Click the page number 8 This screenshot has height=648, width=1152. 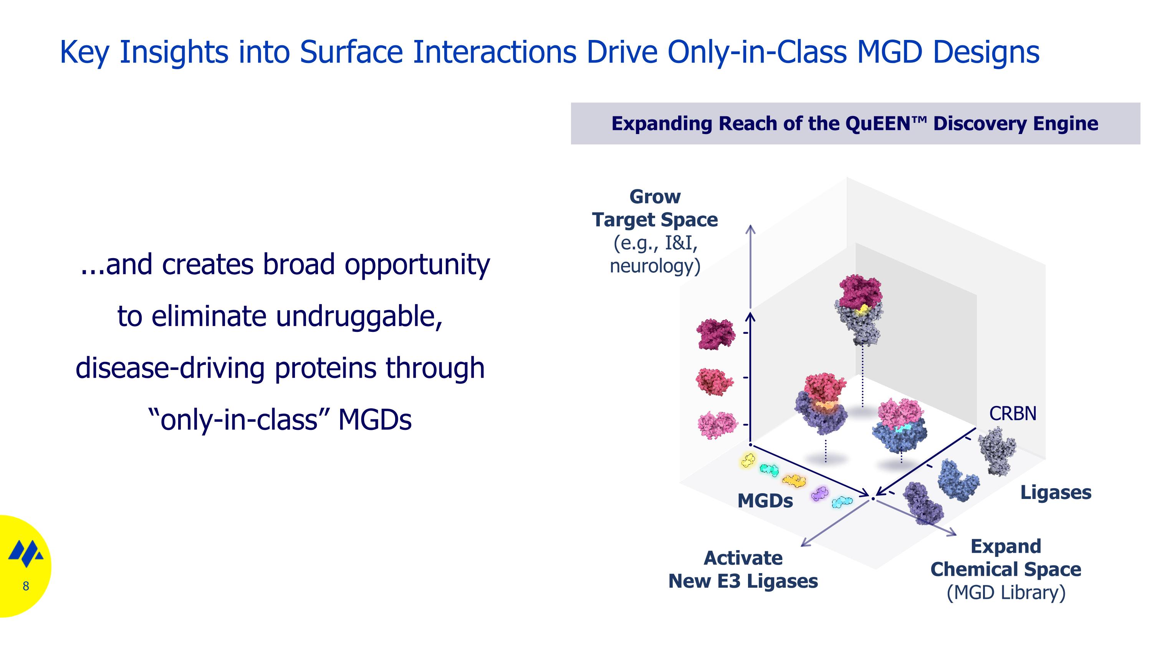pos(26,586)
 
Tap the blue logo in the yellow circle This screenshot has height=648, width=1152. pos(26,553)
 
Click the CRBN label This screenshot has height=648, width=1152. pos(1013,414)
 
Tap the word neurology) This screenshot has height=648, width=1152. pos(655,266)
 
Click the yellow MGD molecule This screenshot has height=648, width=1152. pos(748,460)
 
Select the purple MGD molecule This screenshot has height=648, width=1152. pos(819,494)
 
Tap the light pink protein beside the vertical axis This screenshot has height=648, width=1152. pos(717,425)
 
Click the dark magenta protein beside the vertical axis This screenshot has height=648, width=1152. pos(715,334)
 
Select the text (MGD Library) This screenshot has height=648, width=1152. pos(1006,593)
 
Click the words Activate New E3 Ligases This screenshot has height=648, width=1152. pos(743,570)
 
